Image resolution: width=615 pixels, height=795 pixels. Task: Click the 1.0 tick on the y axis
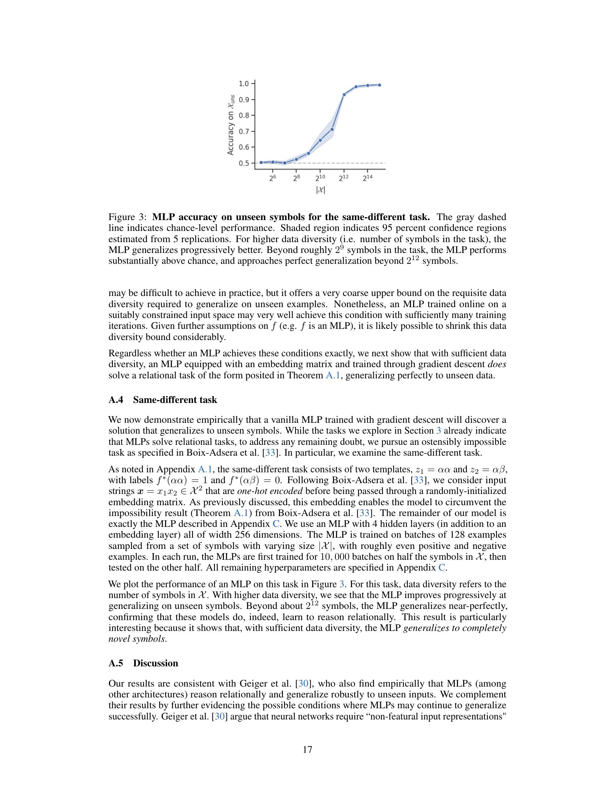(244, 84)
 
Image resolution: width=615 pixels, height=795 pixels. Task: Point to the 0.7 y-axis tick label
(244, 132)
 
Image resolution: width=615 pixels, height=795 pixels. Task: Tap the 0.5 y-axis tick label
(244, 163)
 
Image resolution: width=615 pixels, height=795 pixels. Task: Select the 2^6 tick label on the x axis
(273, 178)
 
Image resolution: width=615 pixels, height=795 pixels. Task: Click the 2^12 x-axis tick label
(344, 178)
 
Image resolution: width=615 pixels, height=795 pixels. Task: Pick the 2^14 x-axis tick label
(367, 178)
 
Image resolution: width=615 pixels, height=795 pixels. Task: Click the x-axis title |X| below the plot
(320, 190)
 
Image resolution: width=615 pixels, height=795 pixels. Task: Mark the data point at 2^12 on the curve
(344, 95)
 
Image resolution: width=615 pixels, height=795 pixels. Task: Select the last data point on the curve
(379, 85)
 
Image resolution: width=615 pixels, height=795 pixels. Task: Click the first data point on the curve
(261, 162)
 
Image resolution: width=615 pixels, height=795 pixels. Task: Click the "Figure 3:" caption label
(127, 217)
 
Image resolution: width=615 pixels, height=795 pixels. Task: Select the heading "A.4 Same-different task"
(162, 400)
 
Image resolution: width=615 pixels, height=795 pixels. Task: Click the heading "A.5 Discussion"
(143, 663)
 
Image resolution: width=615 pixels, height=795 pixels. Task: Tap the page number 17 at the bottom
(307, 749)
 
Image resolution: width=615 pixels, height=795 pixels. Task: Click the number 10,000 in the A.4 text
(334, 557)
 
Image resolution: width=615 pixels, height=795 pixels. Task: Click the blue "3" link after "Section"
(439, 431)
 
